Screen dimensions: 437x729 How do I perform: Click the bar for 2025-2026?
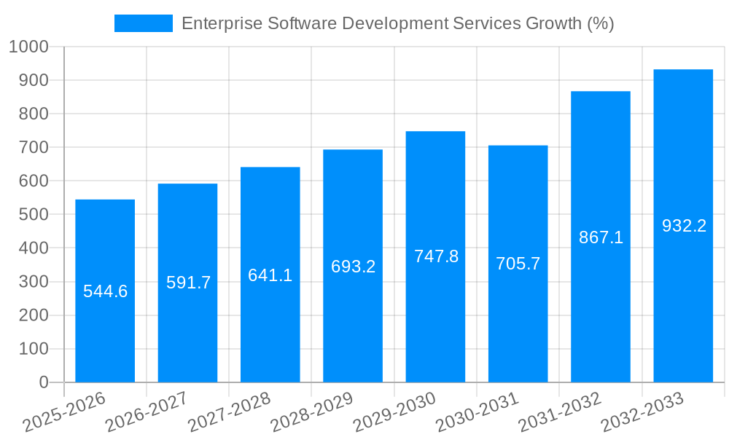(105, 291)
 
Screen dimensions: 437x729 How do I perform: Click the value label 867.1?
(601, 237)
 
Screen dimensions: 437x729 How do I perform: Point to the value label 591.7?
(188, 283)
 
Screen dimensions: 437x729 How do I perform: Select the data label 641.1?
(270, 275)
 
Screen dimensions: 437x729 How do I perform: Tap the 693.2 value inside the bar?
(353, 267)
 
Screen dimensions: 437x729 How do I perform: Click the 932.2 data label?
(684, 226)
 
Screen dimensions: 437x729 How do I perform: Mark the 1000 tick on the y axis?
(28, 47)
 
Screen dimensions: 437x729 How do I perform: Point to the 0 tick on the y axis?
(43, 382)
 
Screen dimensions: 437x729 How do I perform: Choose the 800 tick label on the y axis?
(34, 114)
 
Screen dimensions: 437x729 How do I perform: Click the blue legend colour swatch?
(144, 23)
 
